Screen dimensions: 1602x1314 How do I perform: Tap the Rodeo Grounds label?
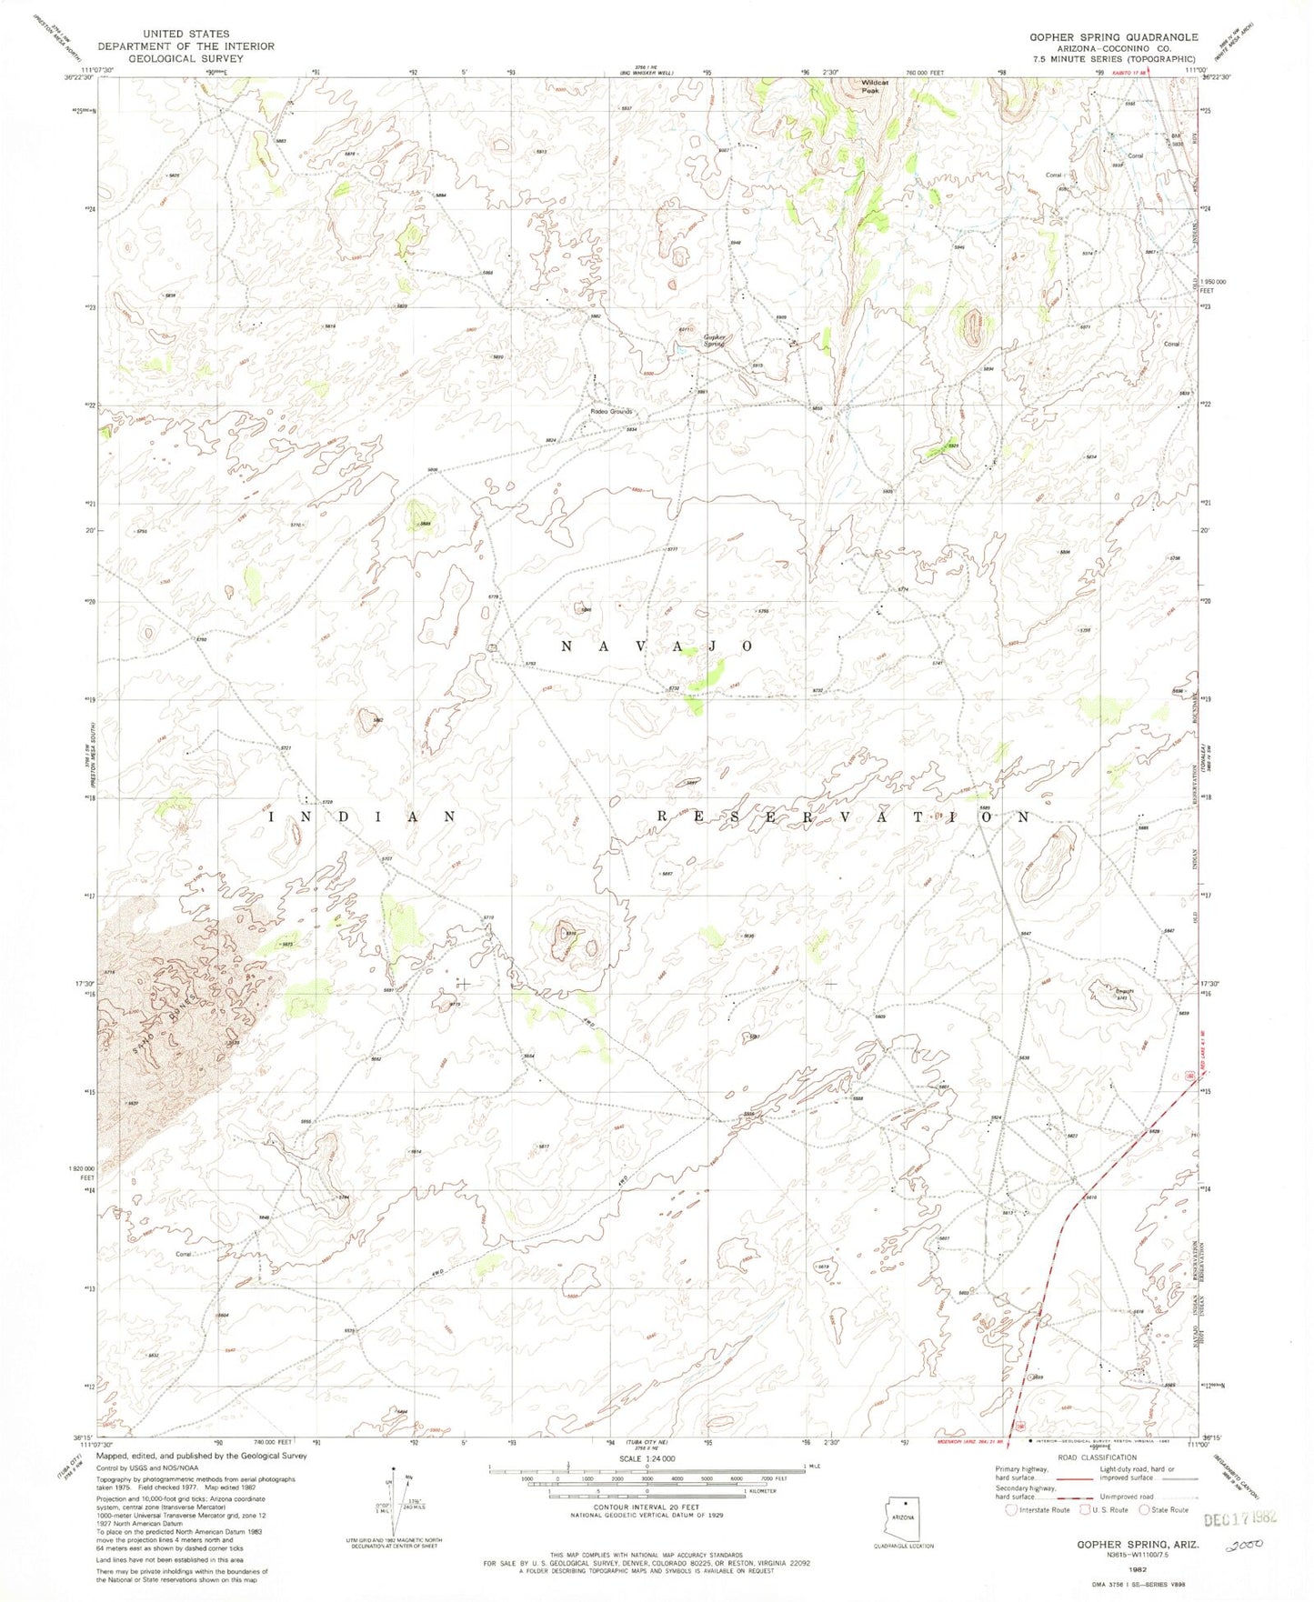coord(610,412)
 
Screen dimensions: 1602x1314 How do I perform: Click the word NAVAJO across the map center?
coord(657,646)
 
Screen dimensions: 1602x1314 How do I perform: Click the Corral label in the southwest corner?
coord(185,1256)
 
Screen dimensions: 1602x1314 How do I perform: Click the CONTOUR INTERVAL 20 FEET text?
coord(647,1508)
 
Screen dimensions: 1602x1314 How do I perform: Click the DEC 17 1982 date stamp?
coord(1239,1518)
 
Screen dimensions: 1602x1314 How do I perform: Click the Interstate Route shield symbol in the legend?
coord(1011,1510)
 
